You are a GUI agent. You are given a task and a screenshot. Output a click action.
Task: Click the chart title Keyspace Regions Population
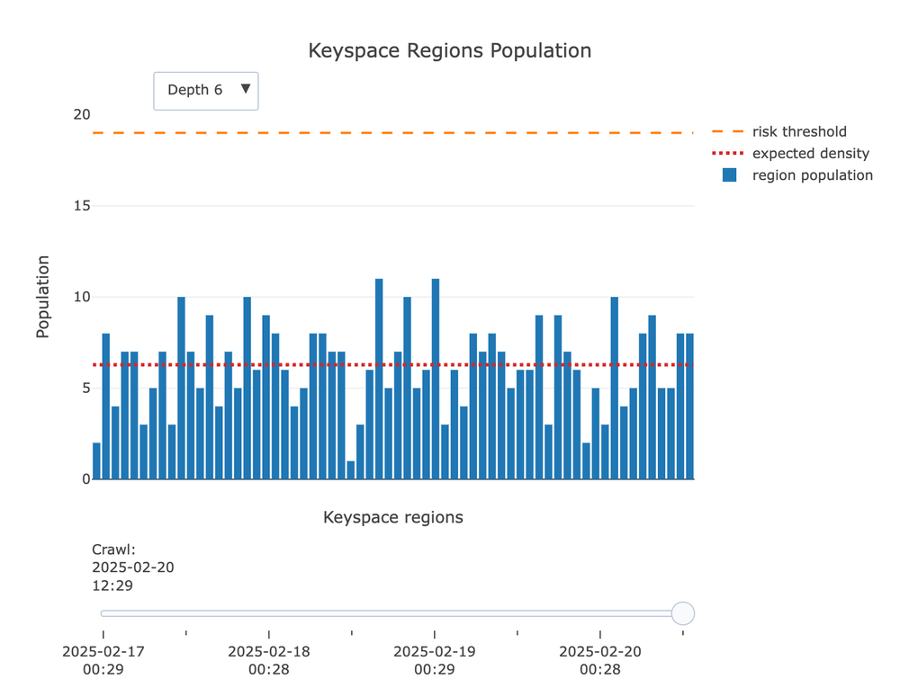449,50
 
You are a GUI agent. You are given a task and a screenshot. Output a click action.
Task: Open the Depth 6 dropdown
206,91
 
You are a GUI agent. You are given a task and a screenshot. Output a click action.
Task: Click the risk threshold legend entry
798,131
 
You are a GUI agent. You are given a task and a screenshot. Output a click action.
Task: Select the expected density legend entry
810,153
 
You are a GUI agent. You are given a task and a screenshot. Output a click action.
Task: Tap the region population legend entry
812,175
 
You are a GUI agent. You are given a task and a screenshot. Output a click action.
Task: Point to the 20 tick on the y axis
82,115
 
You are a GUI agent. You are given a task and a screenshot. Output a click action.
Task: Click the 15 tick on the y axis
82,206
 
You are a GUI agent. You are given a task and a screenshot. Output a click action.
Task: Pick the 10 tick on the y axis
82,297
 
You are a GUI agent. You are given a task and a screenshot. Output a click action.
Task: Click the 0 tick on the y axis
85,479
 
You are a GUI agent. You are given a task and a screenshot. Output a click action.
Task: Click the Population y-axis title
42,297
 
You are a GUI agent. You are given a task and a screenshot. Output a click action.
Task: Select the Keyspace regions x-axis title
393,517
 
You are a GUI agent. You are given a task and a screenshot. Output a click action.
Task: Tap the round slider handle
683,613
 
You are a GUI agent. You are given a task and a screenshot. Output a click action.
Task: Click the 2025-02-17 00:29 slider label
103,660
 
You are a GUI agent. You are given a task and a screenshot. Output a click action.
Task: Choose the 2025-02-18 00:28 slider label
269,660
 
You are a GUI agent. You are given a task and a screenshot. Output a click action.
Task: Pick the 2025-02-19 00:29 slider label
435,660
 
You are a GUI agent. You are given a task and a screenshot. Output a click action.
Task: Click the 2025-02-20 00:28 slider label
600,660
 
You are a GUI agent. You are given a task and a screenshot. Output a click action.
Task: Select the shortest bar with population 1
351,470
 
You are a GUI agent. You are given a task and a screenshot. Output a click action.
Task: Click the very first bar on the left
96,461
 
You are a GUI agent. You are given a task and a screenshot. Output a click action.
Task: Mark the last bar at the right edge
689,407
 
